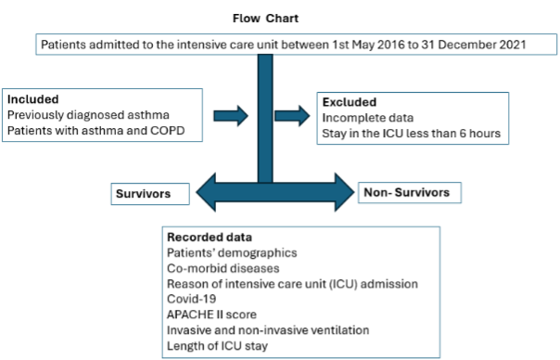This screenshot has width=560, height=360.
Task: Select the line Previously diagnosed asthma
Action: [x=87, y=114]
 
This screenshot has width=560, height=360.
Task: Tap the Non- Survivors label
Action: [x=407, y=193]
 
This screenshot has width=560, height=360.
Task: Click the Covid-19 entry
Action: [x=189, y=299]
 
